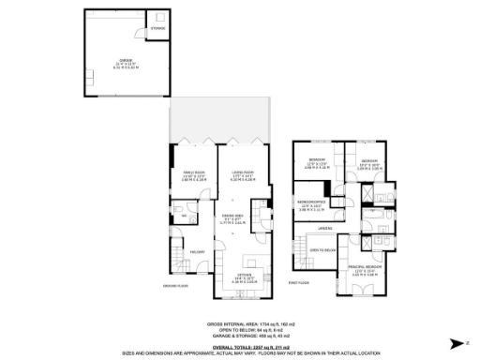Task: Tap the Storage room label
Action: click(157, 29)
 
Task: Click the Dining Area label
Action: click(233, 219)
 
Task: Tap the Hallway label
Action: click(196, 251)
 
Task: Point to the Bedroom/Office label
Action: click(312, 202)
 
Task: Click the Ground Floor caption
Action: click(176, 286)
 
